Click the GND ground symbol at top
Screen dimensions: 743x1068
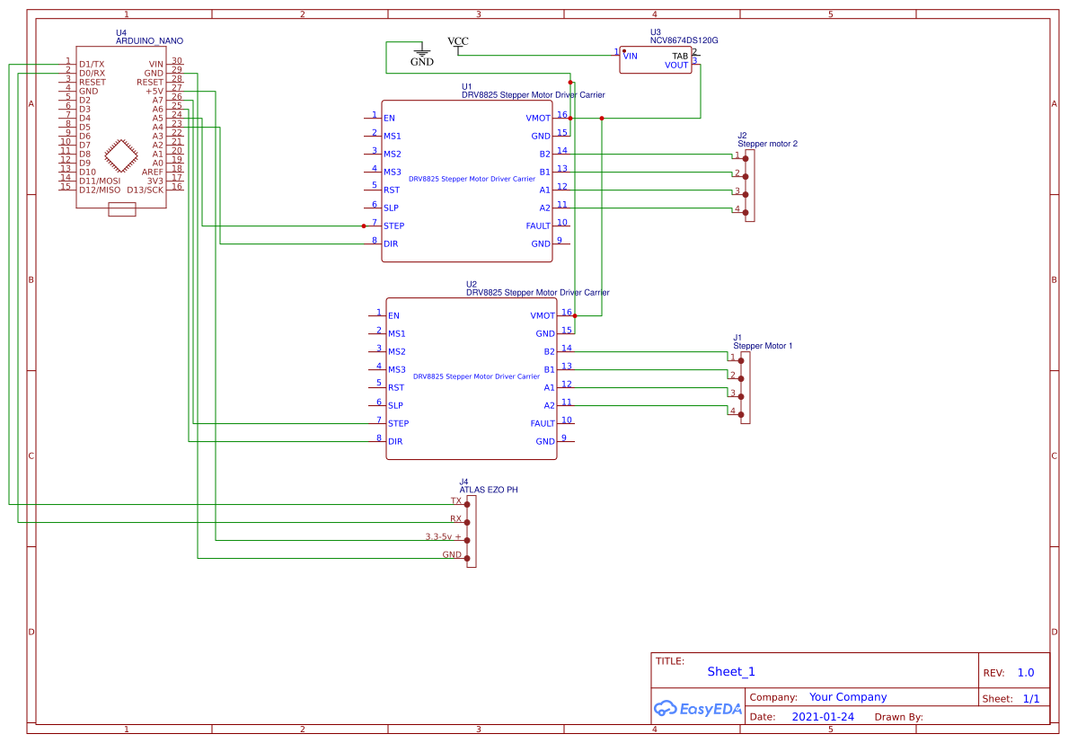421,57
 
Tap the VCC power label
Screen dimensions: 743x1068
457,41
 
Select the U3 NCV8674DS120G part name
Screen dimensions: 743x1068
684,41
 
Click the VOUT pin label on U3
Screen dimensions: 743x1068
676,66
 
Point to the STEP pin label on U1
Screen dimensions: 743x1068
393,226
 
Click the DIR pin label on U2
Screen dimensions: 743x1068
394,441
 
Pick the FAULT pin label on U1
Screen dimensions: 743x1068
538,226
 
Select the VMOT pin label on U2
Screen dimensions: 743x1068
543,315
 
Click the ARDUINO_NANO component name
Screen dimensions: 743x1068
149,41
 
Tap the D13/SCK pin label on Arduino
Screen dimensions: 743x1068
145,190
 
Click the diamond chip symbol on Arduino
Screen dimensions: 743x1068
122,155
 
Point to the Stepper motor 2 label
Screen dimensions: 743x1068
767,144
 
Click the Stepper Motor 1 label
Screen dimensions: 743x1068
763,346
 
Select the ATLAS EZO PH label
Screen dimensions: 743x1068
489,491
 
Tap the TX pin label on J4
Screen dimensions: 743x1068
455,500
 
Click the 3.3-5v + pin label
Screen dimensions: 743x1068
444,536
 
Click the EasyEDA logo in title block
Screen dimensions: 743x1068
698,708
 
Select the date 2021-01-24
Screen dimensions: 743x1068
823,717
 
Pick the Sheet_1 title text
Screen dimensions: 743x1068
730,671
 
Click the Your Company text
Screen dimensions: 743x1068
847,697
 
